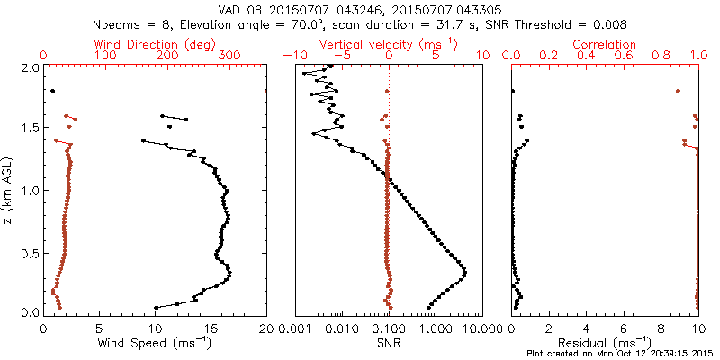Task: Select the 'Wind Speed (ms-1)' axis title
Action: pos(155,343)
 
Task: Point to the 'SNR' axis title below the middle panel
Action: pos(389,343)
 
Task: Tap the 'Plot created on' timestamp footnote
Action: pos(620,354)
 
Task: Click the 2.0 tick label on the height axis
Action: pos(31,67)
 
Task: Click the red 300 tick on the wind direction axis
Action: pos(230,56)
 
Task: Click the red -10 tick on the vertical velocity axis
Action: pos(291,56)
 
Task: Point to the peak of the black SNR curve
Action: pos(465,271)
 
